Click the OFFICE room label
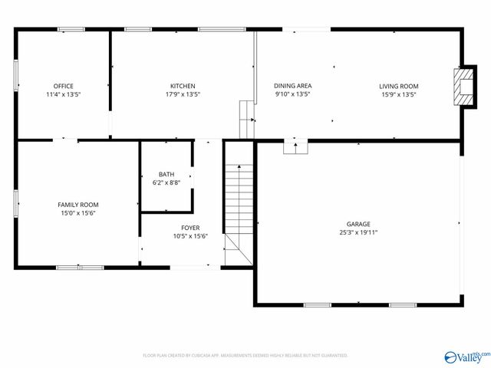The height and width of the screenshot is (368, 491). coord(63,85)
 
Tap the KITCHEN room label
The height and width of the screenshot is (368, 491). coord(183,85)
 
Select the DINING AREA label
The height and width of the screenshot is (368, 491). coord(292,85)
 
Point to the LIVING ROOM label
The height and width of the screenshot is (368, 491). coord(398,85)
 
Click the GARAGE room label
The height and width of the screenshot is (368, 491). coord(358,223)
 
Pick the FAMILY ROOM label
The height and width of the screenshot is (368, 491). coord(78,204)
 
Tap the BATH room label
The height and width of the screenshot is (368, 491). coord(166,174)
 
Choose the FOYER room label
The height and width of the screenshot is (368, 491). coord(190,228)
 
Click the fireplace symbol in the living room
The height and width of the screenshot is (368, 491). coord(462,85)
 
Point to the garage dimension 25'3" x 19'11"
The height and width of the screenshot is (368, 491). coord(358,232)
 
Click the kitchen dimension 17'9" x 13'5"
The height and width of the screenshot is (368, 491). coord(183,94)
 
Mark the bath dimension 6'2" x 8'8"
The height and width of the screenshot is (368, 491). coord(166,182)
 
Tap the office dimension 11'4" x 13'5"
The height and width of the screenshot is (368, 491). coord(63,94)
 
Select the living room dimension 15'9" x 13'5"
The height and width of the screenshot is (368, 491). coord(398,94)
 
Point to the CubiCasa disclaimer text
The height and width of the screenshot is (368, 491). coord(245,355)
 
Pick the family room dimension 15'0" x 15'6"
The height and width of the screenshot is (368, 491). coord(78,212)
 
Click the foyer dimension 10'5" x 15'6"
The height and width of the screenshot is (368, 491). coord(190,236)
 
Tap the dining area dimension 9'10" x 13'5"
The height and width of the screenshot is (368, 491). coord(292,94)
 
